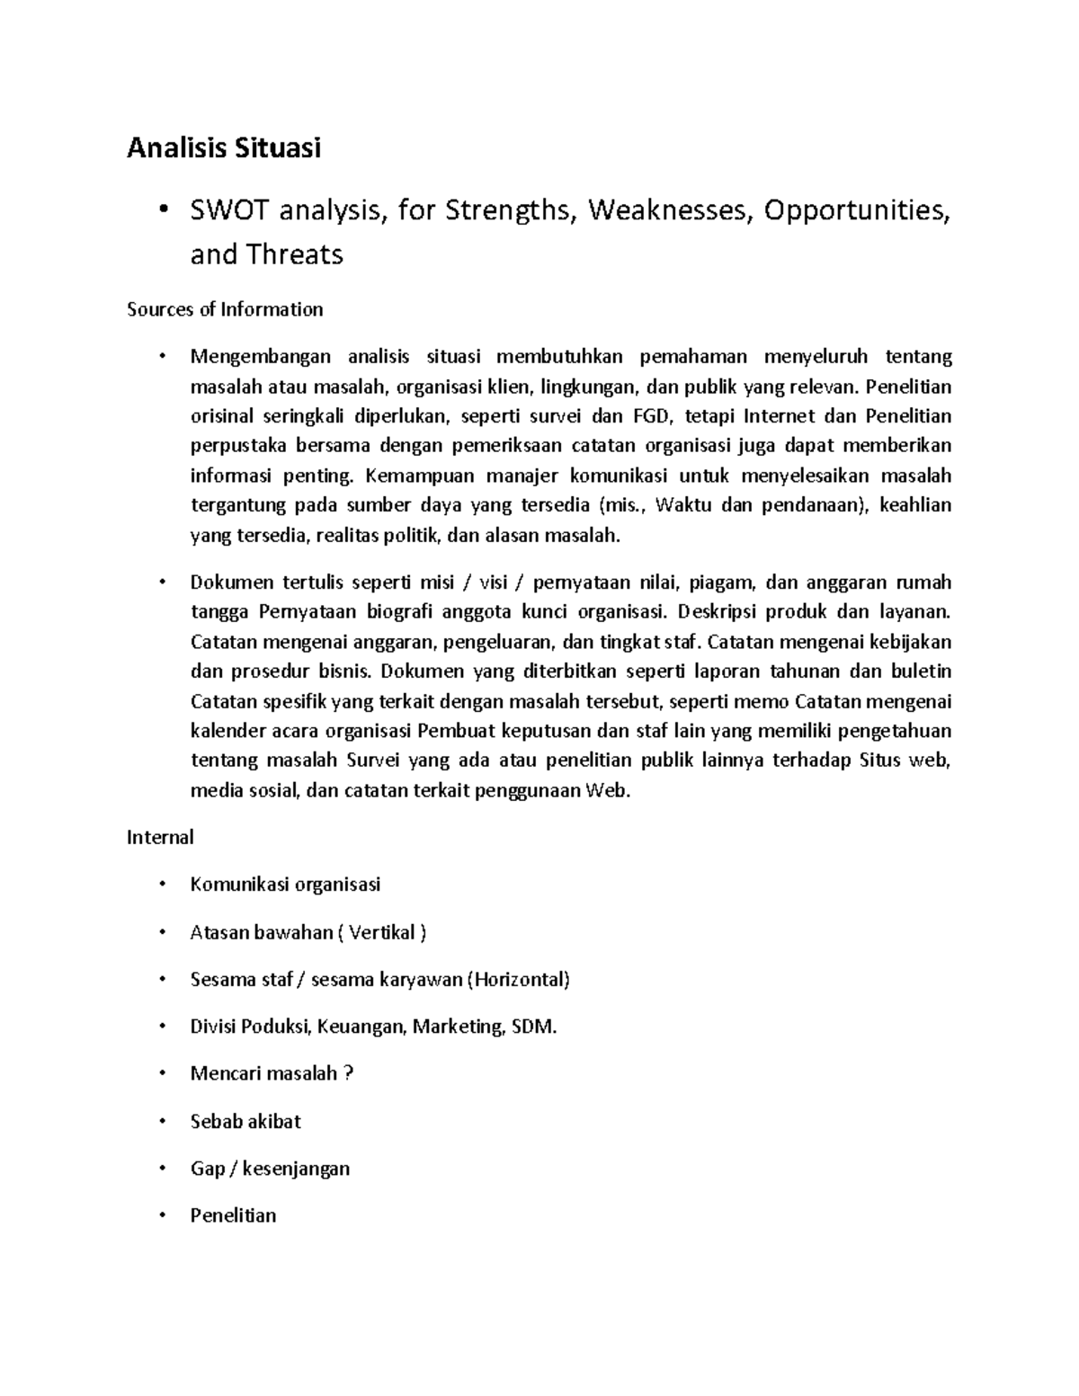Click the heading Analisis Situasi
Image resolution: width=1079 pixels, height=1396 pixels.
[224, 148]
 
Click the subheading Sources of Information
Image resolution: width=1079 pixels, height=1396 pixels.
[225, 310]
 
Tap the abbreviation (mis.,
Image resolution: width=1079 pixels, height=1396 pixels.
[621, 505]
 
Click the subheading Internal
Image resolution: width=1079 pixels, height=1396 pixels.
[160, 838]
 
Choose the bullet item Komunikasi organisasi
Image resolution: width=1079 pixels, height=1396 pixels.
[285, 885]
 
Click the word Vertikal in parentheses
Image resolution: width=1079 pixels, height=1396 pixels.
[382, 932]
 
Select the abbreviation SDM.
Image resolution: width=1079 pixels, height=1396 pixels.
[534, 1027]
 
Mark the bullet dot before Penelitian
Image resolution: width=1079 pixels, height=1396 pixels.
[162, 1215]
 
